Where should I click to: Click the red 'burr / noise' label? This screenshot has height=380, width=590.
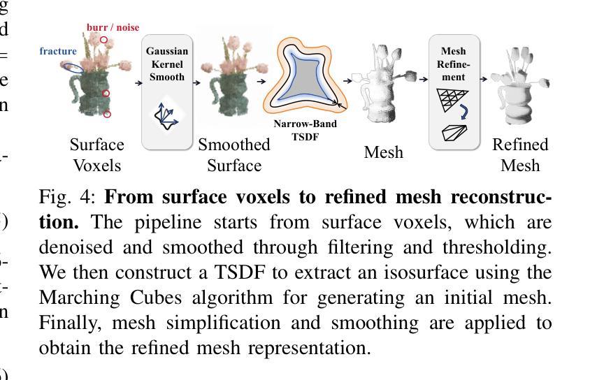pyautogui.click(x=113, y=27)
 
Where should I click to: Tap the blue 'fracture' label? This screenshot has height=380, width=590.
pyautogui.click(x=58, y=51)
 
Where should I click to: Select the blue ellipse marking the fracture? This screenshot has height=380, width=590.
pyautogui.click(x=72, y=68)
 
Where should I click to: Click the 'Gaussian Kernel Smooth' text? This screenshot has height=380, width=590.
pyautogui.click(x=167, y=64)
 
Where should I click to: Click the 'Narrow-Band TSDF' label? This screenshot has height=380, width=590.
pyautogui.click(x=305, y=130)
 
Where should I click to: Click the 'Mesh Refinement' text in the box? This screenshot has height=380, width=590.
pyautogui.click(x=453, y=64)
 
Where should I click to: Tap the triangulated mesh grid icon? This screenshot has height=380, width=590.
pyautogui.click(x=452, y=100)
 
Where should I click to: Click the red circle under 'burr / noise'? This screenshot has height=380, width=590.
pyautogui.click(x=104, y=40)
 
